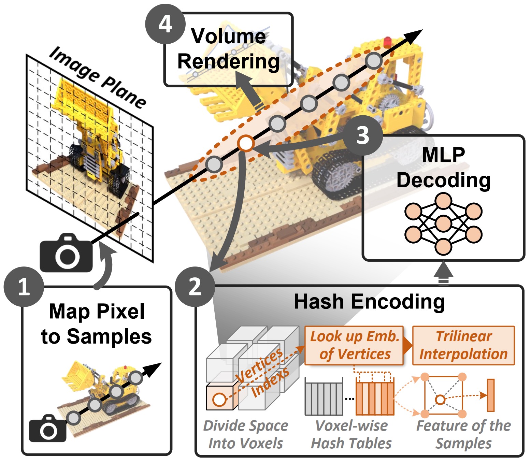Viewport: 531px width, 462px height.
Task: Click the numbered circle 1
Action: [x=24, y=287]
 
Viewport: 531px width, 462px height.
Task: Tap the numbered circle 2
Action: [x=195, y=287]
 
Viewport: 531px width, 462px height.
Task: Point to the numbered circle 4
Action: [x=165, y=24]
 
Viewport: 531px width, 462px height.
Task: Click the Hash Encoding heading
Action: [x=369, y=302]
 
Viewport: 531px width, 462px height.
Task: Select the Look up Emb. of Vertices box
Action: [x=354, y=345]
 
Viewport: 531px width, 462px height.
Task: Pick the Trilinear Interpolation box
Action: [x=463, y=345]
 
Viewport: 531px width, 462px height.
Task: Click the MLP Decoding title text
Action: [x=443, y=168]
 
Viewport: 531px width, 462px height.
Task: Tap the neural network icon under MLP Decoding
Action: [x=443, y=223]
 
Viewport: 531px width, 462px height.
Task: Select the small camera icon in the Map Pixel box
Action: [x=47, y=429]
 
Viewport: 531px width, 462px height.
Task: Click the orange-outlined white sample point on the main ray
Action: [x=246, y=144]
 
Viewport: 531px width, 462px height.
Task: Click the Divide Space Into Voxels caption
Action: [x=245, y=434]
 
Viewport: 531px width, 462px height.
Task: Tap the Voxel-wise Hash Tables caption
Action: [x=351, y=434]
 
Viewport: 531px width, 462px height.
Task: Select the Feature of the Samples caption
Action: [x=463, y=434]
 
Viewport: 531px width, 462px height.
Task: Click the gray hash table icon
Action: [x=324, y=398]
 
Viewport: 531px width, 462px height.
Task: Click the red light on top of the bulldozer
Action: [x=388, y=42]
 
